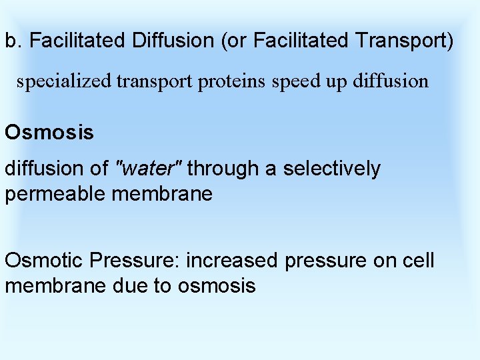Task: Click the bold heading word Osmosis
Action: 49,132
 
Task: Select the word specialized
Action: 65,82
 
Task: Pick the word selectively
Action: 331,169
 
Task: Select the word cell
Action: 419,260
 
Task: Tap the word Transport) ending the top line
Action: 404,41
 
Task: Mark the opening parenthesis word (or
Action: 231,41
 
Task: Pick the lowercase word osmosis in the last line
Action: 217,286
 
